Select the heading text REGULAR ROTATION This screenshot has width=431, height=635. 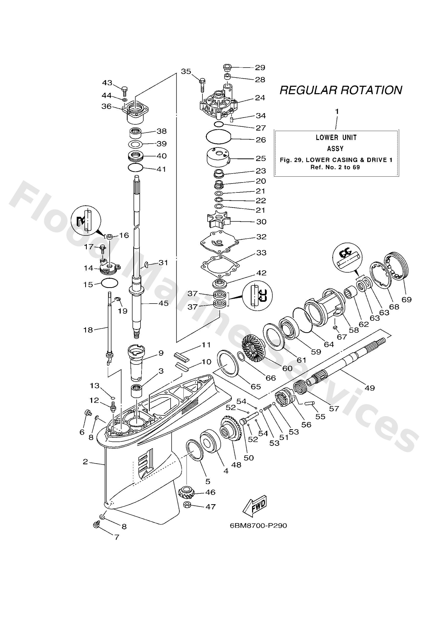(341, 90)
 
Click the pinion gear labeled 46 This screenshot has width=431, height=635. (187, 492)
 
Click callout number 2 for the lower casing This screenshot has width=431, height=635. (85, 461)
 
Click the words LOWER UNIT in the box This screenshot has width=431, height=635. (336, 137)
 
